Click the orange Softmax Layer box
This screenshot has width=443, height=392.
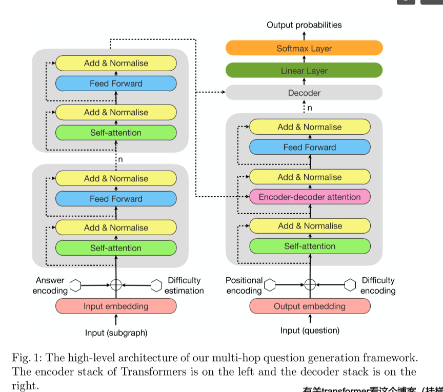(x=304, y=49)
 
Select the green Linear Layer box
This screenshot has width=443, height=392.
(x=304, y=71)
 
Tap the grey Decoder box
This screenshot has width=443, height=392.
(x=304, y=93)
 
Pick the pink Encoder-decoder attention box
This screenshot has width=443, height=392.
(x=310, y=197)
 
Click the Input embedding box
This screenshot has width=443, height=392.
(x=116, y=306)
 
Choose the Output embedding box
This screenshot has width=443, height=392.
(x=310, y=306)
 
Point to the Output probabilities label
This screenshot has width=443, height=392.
(x=304, y=25)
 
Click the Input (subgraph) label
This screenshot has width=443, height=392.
(x=116, y=333)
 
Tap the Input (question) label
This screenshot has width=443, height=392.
(x=310, y=331)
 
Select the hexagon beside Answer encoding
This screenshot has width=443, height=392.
(x=76, y=285)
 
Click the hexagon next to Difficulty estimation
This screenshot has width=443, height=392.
(x=156, y=285)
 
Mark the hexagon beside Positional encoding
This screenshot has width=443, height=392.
(x=270, y=285)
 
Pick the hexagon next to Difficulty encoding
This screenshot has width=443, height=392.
(x=350, y=285)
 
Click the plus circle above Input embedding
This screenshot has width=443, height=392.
(x=116, y=285)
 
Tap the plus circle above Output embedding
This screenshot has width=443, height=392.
(x=310, y=285)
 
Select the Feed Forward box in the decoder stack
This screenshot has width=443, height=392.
(x=310, y=148)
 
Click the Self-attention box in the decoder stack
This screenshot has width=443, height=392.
(x=310, y=246)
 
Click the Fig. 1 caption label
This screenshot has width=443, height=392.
(x=27, y=357)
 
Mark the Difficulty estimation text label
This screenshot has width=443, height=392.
(x=184, y=285)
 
